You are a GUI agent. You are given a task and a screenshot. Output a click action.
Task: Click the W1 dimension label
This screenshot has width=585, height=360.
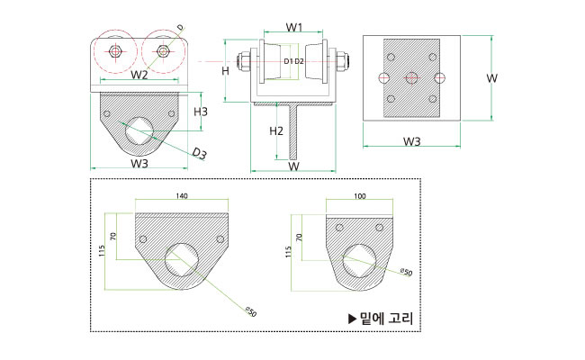click(x=293, y=28)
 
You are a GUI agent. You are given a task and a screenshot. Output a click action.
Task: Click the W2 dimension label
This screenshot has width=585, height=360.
click(x=139, y=74)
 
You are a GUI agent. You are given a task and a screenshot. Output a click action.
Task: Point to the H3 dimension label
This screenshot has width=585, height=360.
click(x=202, y=112)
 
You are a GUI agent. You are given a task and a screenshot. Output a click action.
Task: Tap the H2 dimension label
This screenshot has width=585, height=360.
click(x=277, y=131)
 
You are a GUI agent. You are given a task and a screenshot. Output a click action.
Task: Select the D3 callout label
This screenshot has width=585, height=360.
click(x=200, y=155)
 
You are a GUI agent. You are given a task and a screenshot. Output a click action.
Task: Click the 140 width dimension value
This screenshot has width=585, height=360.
click(x=182, y=195)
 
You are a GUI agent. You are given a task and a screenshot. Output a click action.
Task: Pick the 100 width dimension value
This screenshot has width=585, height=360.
click(x=361, y=195)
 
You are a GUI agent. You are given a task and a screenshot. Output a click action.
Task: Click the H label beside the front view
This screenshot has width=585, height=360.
click(x=227, y=70)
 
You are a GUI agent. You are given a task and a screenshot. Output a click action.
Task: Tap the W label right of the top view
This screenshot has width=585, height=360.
click(x=492, y=79)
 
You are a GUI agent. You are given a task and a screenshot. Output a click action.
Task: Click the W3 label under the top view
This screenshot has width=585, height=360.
click(x=412, y=141)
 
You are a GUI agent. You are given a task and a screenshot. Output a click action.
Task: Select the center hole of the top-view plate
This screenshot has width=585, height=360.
click(x=412, y=77)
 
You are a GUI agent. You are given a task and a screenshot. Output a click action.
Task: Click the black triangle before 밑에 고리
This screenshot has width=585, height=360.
click(x=353, y=318)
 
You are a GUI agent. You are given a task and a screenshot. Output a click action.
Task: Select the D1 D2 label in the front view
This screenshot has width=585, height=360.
click(x=293, y=61)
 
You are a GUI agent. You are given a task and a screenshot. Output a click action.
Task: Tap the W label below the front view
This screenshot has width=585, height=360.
click(x=293, y=166)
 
